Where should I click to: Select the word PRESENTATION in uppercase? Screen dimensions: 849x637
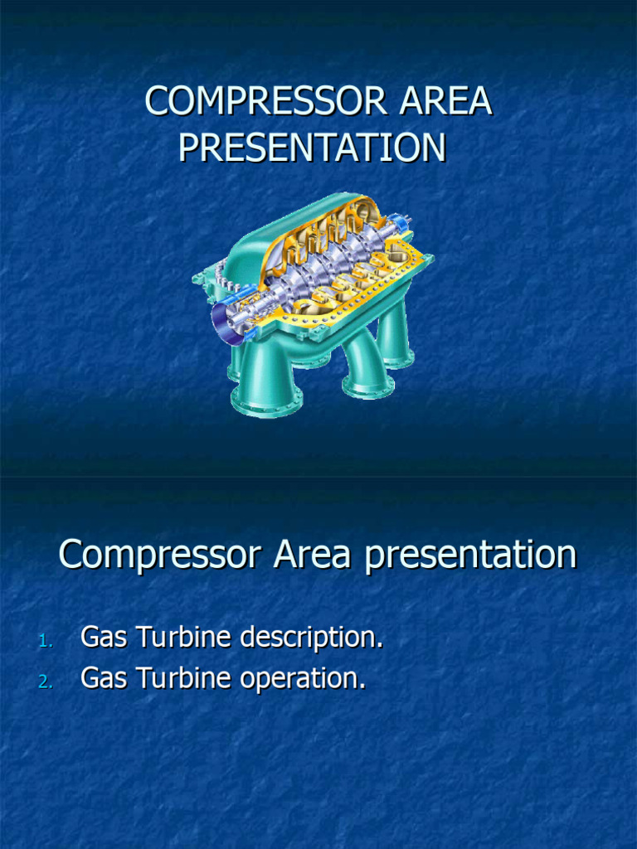313,148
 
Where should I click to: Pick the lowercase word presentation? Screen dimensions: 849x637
470,554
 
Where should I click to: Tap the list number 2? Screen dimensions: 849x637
45,682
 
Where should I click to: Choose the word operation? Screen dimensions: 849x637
303,679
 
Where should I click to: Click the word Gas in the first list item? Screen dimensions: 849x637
103,638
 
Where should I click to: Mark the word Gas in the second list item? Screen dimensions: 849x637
103,678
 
